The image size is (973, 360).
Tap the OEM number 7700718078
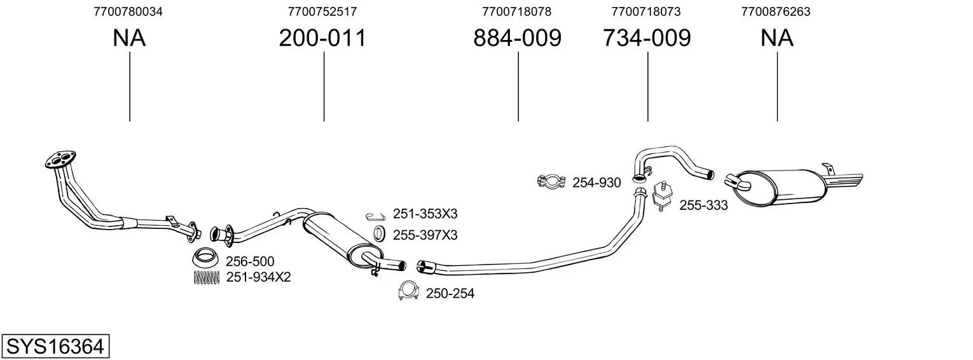click(x=517, y=11)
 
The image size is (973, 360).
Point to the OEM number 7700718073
click(x=646, y=11)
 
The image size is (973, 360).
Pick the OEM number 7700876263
click(x=776, y=11)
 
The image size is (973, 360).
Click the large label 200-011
click(x=322, y=38)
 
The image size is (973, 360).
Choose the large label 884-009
click(x=517, y=38)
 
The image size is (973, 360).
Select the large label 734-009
click(x=646, y=38)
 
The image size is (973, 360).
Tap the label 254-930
click(x=597, y=183)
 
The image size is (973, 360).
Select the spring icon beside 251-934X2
click(x=205, y=277)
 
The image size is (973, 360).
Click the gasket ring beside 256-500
click(x=205, y=258)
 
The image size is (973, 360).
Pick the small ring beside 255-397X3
click(x=378, y=233)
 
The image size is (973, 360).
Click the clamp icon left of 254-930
click(x=552, y=182)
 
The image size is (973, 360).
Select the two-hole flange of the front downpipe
click(x=60, y=159)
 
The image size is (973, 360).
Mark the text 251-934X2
click(x=258, y=277)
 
